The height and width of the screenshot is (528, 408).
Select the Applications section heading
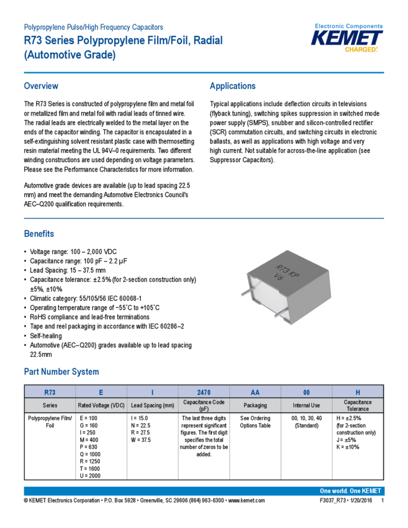pos(232,86)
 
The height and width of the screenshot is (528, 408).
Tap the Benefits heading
pos(39,234)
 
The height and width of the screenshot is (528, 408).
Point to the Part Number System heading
pos(61,371)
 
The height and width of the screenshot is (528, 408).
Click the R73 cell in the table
pos(50,392)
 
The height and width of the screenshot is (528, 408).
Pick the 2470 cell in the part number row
pos(204,392)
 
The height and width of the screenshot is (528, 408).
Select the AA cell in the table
pos(255,392)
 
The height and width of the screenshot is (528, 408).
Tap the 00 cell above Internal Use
pos(306,392)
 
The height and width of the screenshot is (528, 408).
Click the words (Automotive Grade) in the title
pos(69,55)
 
